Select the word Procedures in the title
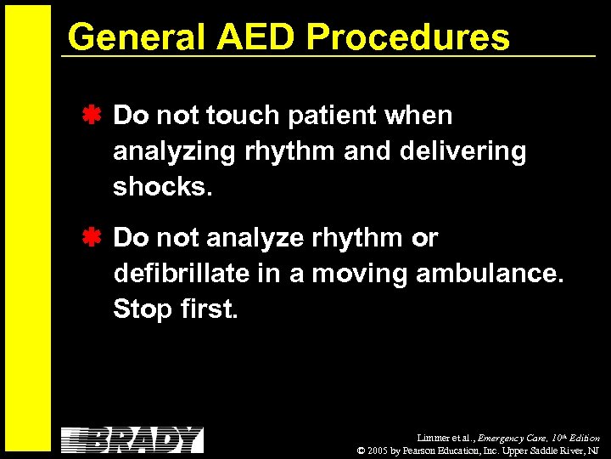[407, 37]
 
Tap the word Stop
[143, 309]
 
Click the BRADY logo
[132, 439]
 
